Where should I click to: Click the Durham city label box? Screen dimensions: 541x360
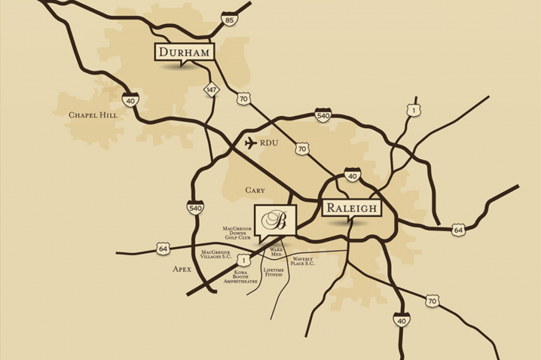tap(184, 52)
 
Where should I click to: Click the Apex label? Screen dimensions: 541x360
tap(182, 268)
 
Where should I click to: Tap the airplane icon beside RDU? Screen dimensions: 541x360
tap(250, 142)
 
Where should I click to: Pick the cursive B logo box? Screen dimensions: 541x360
tap(276, 222)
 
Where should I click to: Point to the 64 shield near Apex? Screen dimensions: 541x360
tap(164, 247)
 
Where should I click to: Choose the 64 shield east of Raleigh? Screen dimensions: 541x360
tap(457, 229)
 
